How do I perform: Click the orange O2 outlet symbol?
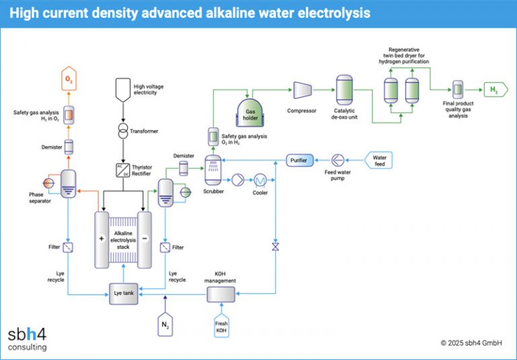68,80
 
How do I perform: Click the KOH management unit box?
220,294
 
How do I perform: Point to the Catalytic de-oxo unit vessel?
345,89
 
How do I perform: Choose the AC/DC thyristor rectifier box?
123,170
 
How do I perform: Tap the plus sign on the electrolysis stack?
102,239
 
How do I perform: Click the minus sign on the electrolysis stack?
145,239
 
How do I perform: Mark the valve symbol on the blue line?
275,247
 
